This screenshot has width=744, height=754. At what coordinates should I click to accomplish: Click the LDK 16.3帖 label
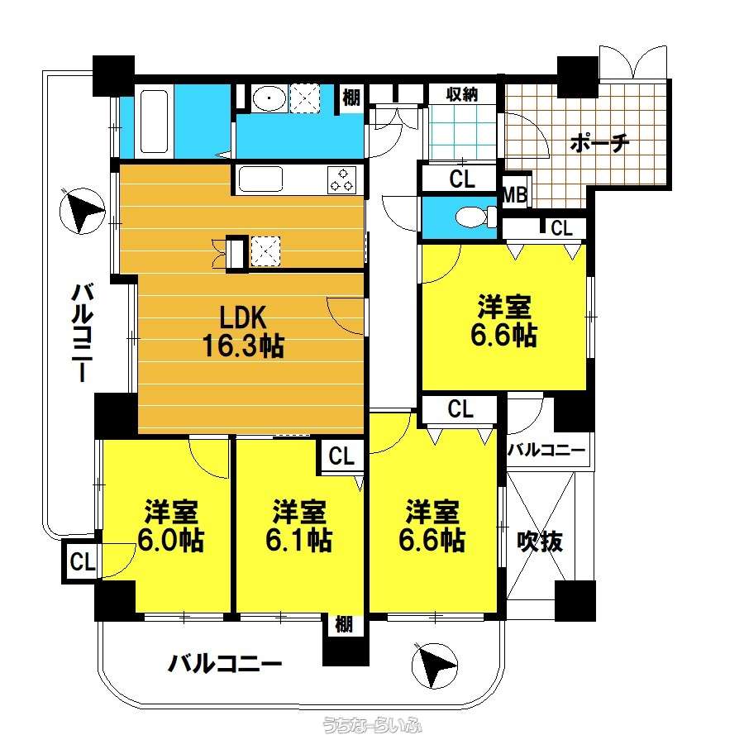point(243,332)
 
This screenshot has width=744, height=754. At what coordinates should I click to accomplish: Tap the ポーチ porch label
point(599,143)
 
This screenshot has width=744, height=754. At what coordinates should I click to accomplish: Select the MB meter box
point(514,195)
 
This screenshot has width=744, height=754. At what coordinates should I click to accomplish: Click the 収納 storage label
point(462,94)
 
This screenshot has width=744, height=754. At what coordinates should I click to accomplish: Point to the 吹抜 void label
point(540,542)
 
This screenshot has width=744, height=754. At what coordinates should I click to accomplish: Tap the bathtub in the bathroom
point(154,122)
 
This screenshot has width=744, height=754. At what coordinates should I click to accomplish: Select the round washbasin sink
point(269,98)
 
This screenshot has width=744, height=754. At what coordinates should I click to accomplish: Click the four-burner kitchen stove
point(341,180)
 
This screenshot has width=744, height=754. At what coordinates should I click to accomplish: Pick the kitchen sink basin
point(260,179)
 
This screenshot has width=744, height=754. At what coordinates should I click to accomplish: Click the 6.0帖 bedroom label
point(171,526)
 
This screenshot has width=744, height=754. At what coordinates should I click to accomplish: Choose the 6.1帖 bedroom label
point(298,526)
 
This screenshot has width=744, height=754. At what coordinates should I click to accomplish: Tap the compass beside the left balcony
point(82,211)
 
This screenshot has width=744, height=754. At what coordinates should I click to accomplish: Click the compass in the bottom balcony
point(435,666)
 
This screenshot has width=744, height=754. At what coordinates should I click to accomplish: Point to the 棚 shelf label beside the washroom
point(351,98)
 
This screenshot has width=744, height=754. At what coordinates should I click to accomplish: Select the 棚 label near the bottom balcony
point(343,625)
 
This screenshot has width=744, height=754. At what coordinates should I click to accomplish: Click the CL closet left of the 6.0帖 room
point(82,561)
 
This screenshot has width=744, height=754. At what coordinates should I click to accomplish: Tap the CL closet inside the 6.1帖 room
point(341,456)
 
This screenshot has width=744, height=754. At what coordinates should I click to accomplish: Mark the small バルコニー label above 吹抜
point(546,450)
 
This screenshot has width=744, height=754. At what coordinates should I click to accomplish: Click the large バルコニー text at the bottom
point(224,664)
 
